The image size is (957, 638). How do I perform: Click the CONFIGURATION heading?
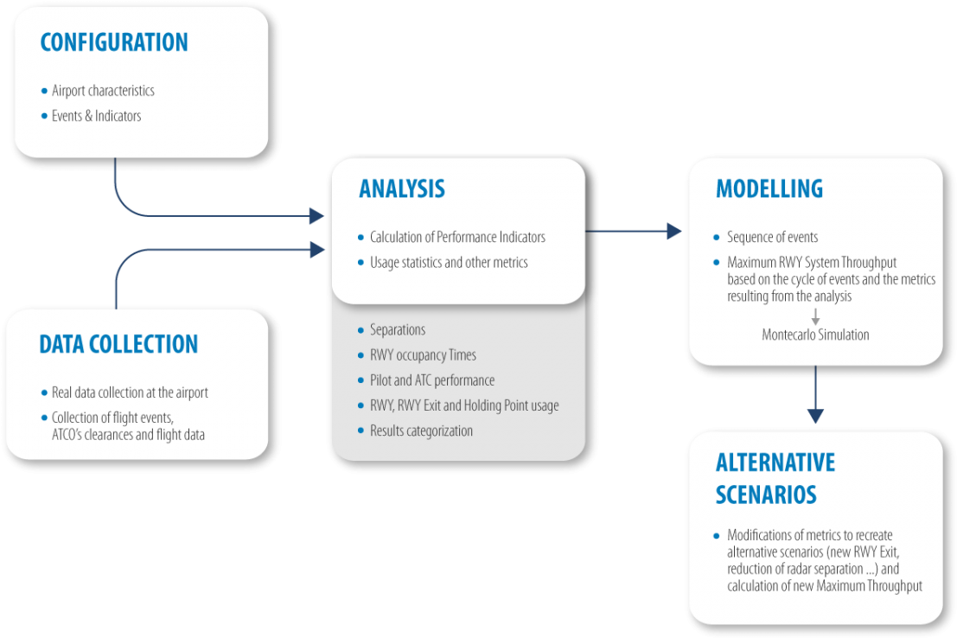(x=114, y=42)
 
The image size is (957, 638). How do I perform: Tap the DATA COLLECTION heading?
(x=118, y=344)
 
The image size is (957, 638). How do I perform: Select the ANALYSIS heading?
(x=402, y=188)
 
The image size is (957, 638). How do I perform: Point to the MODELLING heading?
(x=769, y=188)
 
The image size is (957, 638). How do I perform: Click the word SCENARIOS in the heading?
(x=766, y=494)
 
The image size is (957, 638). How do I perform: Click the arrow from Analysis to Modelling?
(x=635, y=231)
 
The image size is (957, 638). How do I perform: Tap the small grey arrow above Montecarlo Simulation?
(x=814, y=316)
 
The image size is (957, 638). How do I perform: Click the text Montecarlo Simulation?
(x=815, y=335)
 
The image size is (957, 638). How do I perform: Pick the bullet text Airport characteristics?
(x=103, y=91)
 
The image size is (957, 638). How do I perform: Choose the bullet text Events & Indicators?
(x=96, y=116)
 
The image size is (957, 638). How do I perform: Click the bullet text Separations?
(x=398, y=330)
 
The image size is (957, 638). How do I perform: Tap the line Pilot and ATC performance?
(x=432, y=380)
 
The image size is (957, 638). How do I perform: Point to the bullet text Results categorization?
(x=421, y=431)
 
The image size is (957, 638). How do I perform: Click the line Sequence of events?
(x=772, y=237)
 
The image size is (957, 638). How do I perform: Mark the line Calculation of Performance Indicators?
(x=457, y=237)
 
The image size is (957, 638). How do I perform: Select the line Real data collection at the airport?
(x=130, y=392)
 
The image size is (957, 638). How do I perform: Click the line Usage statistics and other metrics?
(x=449, y=262)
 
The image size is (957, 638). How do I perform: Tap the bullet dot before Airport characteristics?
(x=44, y=91)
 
